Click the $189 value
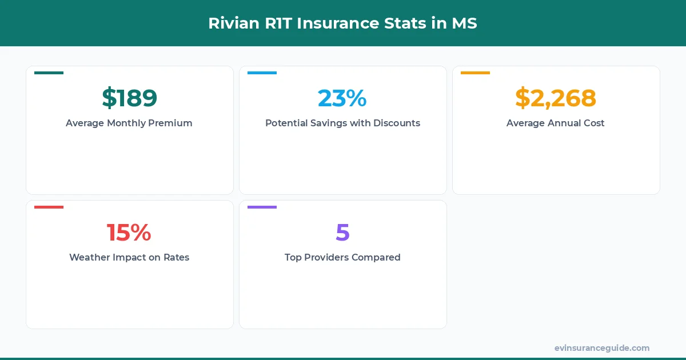pyautogui.click(x=129, y=98)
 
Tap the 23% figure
pyautogui.click(x=342, y=98)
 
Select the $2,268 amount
pyautogui.click(x=556, y=98)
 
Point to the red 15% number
pyautogui.click(x=129, y=233)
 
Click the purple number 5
pyautogui.click(x=342, y=233)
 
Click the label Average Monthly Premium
pyautogui.click(x=129, y=123)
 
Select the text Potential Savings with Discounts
pyautogui.click(x=342, y=123)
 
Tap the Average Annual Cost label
pyautogui.click(x=556, y=123)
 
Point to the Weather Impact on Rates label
pyautogui.click(x=129, y=257)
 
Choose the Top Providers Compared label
pyautogui.click(x=342, y=257)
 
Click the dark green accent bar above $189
pyautogui.click(x=49, y=73)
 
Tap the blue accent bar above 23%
pyautogui.click(x=262, y=73)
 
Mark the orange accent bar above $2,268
pyautogui.click(x=475, y=73)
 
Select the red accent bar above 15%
pyautogui.click(x=49, y=207)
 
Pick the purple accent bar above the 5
pyautogui.click(x=262, y=207)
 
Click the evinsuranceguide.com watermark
pyautogui.click(x=602, y=348)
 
